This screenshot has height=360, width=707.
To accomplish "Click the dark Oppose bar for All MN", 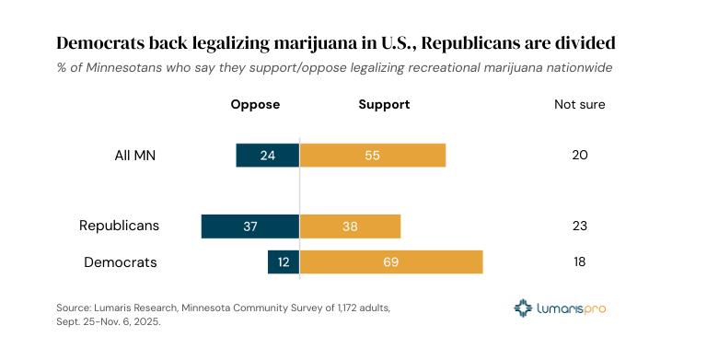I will [x=268, y=156].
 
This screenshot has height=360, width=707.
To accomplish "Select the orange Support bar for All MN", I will [x=373, y=156].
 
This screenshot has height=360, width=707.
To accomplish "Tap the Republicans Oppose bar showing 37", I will [x=250, y=226].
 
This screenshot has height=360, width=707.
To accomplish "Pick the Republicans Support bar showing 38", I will [x=350, y=226].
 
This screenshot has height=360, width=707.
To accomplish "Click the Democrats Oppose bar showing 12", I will [x=284, y=262].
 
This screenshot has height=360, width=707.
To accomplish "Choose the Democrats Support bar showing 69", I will [x=391, y=262].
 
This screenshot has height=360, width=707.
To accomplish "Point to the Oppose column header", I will [x=255, y=104].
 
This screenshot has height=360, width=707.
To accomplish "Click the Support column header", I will [x=384, y=104].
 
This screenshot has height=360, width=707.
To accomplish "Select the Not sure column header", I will [x=579, y=104].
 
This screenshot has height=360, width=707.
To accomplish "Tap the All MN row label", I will [x=128, y=156].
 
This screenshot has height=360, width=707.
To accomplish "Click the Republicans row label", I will [x=119, y=226].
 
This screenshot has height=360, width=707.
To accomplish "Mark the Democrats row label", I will [x=121, y=262].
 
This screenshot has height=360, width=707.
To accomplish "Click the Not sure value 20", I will [x=579, y=156].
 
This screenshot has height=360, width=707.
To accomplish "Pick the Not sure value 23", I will [x=579, y=226].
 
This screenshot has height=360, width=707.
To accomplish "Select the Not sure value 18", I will [x=579, y=262].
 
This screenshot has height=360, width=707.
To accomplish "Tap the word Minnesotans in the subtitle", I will [x=116, y=67].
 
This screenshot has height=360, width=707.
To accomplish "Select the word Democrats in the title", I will [x=100, y=43].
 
